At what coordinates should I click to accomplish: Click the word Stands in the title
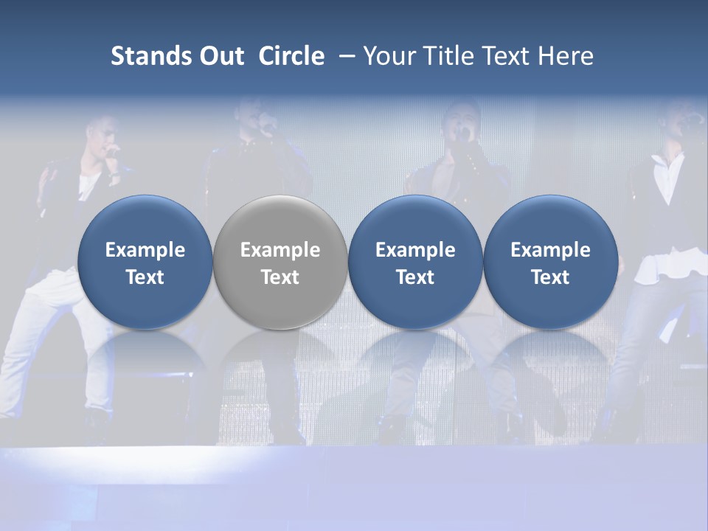tap(146, 56)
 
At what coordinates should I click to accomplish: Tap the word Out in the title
tap(220, 56)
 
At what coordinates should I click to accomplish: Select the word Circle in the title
tap(291, 56)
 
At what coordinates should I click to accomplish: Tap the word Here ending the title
tap(566, 56)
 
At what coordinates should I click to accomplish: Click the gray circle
tap(280, 262)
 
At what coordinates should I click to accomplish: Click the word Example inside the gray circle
tap(280, 250)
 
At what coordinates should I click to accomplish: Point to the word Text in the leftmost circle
tap(145, 277)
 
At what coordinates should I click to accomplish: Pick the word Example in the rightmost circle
tap(550, 250)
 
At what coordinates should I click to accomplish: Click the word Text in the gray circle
tap(280, 277)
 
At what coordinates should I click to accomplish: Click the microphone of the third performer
tap(462, 135)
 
